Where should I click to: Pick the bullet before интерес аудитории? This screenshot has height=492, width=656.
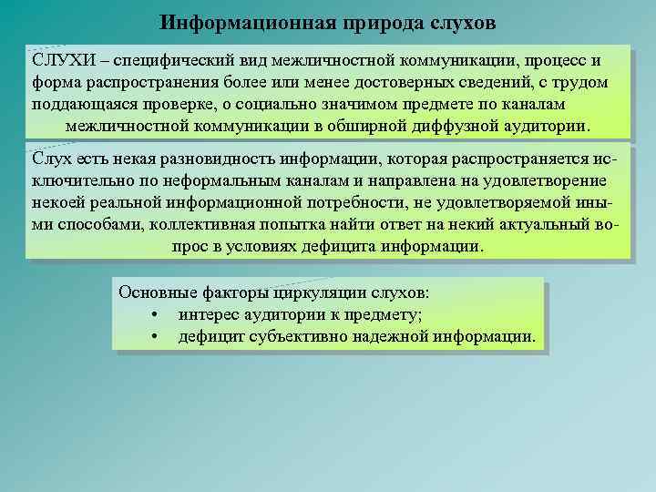pos(158,316)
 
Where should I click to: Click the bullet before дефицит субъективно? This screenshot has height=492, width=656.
pos(158,337)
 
